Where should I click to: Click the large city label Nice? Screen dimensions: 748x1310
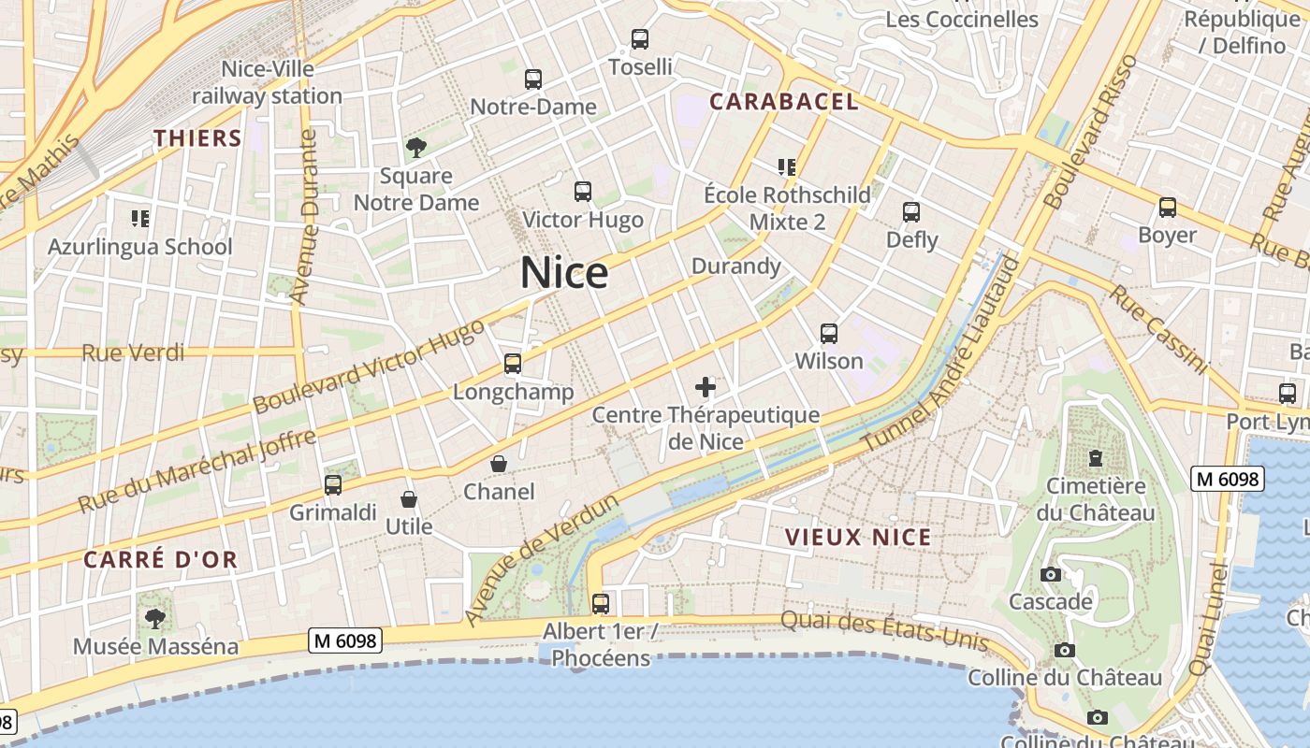click(564, 273)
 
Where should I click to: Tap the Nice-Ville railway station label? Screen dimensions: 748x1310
click(268, 82)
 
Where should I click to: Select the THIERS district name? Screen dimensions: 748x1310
click(198, 138)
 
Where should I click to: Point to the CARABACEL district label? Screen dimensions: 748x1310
click(784, 102)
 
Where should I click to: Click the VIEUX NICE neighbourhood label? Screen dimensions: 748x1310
click(858, 537)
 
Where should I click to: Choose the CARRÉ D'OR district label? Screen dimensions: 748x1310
click(160, 560)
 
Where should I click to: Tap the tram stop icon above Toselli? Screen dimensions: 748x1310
click(640, 39)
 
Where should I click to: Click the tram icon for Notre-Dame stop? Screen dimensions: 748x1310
click(533, 79)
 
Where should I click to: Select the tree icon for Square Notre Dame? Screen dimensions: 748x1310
click(415, 148)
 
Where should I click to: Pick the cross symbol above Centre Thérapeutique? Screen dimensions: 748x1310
click(706, 387)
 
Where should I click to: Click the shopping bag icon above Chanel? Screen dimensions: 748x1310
click(499, 464)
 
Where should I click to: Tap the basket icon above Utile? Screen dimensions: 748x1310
click(409, 499)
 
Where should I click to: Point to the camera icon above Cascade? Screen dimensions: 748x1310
click(1050, 574)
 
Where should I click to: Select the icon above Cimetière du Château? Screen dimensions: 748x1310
click(1095, 458)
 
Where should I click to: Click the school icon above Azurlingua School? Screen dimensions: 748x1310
click(140, 219)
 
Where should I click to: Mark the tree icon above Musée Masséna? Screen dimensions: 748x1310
click(154, 618)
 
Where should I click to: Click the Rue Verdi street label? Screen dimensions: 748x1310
click(133, 352)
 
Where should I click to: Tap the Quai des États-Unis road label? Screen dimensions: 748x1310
click(884, 630)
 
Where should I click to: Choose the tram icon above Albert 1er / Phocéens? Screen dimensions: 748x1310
click(601, 604)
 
